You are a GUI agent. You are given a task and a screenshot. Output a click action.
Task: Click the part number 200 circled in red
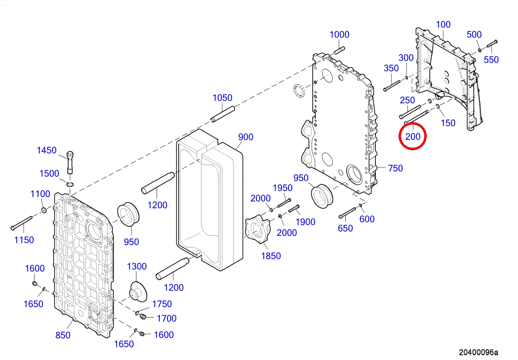[413, 137]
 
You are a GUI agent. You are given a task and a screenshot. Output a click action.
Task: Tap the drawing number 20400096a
[478, 352]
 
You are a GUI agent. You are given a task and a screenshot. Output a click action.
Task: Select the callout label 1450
[47, 150]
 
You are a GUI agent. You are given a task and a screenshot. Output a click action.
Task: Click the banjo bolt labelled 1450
[70, 162]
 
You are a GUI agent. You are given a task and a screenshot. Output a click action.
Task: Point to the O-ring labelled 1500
[70, 184]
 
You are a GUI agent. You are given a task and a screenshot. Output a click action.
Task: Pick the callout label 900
[246, 137]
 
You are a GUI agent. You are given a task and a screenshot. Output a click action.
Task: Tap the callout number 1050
[222, 98]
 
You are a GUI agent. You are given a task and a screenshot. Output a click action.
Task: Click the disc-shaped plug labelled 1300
[138, 292]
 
